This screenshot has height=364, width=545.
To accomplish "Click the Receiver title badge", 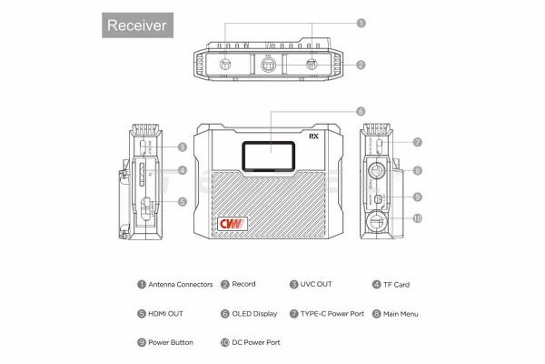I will click(136, 25).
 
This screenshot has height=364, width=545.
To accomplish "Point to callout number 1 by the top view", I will click(361, 23).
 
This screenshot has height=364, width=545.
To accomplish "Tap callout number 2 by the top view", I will click(361, 65).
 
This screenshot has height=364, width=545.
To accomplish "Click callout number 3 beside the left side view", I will click(182, 147).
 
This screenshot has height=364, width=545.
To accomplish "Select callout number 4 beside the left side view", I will click(182, 170).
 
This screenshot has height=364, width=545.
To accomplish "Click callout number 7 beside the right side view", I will click(417, 142).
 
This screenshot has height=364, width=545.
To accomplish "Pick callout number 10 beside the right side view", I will click(417, 218).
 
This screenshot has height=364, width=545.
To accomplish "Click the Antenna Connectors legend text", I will click(181, 284).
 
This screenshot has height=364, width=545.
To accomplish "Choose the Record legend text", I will click(243, 284).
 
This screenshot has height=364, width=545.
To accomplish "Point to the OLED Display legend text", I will click(253, 313).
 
